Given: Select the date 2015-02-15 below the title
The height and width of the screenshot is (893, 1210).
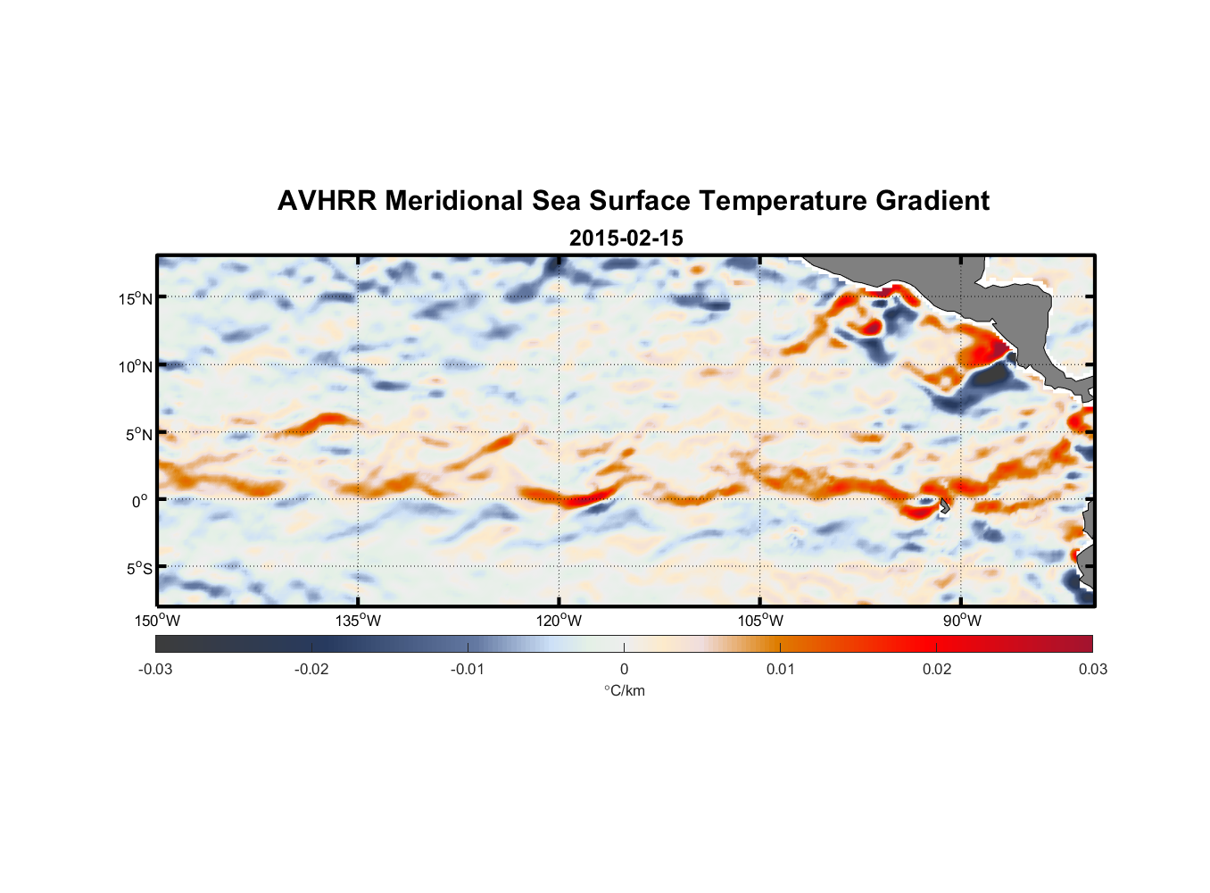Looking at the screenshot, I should (x=626, y=238).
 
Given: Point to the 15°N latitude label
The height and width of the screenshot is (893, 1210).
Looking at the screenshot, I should (x=136, y=298).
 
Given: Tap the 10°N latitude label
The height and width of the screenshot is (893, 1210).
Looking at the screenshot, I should (x=136, y=366).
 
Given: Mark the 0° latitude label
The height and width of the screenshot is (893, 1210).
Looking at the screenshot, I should (x=140, y=501).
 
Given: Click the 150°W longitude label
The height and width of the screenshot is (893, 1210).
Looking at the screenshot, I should (x=158, y=621).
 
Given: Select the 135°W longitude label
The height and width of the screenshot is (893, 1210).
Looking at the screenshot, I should (x=359, y=621).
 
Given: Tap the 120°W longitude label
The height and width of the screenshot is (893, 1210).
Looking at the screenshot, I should (x=559, y=621).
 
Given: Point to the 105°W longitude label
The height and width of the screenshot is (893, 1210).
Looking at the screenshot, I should (x=760, y=621).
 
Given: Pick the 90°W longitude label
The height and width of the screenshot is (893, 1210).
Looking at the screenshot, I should (x=962, y=621).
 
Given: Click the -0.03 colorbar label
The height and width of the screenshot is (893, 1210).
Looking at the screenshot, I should (x=155, y=670).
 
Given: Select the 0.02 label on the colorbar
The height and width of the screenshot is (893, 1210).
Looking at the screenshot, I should (x=937, y=670).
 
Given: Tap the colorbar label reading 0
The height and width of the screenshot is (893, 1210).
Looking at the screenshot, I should (x=624, y=670).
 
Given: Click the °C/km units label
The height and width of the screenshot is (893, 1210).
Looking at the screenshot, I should (x=624, y=690).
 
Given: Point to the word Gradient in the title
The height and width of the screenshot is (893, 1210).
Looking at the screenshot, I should (x=932, y=201).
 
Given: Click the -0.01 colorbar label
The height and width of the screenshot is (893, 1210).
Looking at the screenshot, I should (x=468, y=670).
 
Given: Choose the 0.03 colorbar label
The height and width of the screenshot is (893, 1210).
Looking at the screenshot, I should (x=1092, y=670).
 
